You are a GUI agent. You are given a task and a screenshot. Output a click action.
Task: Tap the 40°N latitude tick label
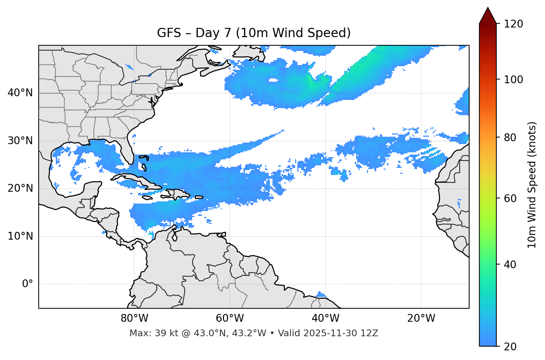[x=20, y=93]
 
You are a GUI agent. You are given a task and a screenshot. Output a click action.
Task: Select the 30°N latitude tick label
[x=20, y=141]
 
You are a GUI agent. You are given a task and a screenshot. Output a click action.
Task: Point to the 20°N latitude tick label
[x=20, y=188]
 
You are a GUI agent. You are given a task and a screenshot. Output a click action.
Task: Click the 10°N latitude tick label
[x=20, y=236]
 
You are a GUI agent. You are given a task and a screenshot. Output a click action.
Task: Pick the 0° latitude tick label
[x=28, y=284]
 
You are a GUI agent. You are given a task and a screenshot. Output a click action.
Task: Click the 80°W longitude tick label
[x=134, y=318]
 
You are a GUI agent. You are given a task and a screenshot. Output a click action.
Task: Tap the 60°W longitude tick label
[x=230, y=318]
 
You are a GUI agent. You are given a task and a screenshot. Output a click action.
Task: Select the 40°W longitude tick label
[x=325, y=318]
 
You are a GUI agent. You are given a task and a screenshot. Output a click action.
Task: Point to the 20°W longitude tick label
[x=421, y=318]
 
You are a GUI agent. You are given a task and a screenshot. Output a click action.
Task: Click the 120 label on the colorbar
[x=513, y=24]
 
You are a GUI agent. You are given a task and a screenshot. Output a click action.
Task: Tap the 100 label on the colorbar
[x=513, y=80]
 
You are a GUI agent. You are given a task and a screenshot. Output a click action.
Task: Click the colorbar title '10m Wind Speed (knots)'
[x=532, y=185]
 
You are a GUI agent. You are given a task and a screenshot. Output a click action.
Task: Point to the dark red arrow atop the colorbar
[x=488, y=16]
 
